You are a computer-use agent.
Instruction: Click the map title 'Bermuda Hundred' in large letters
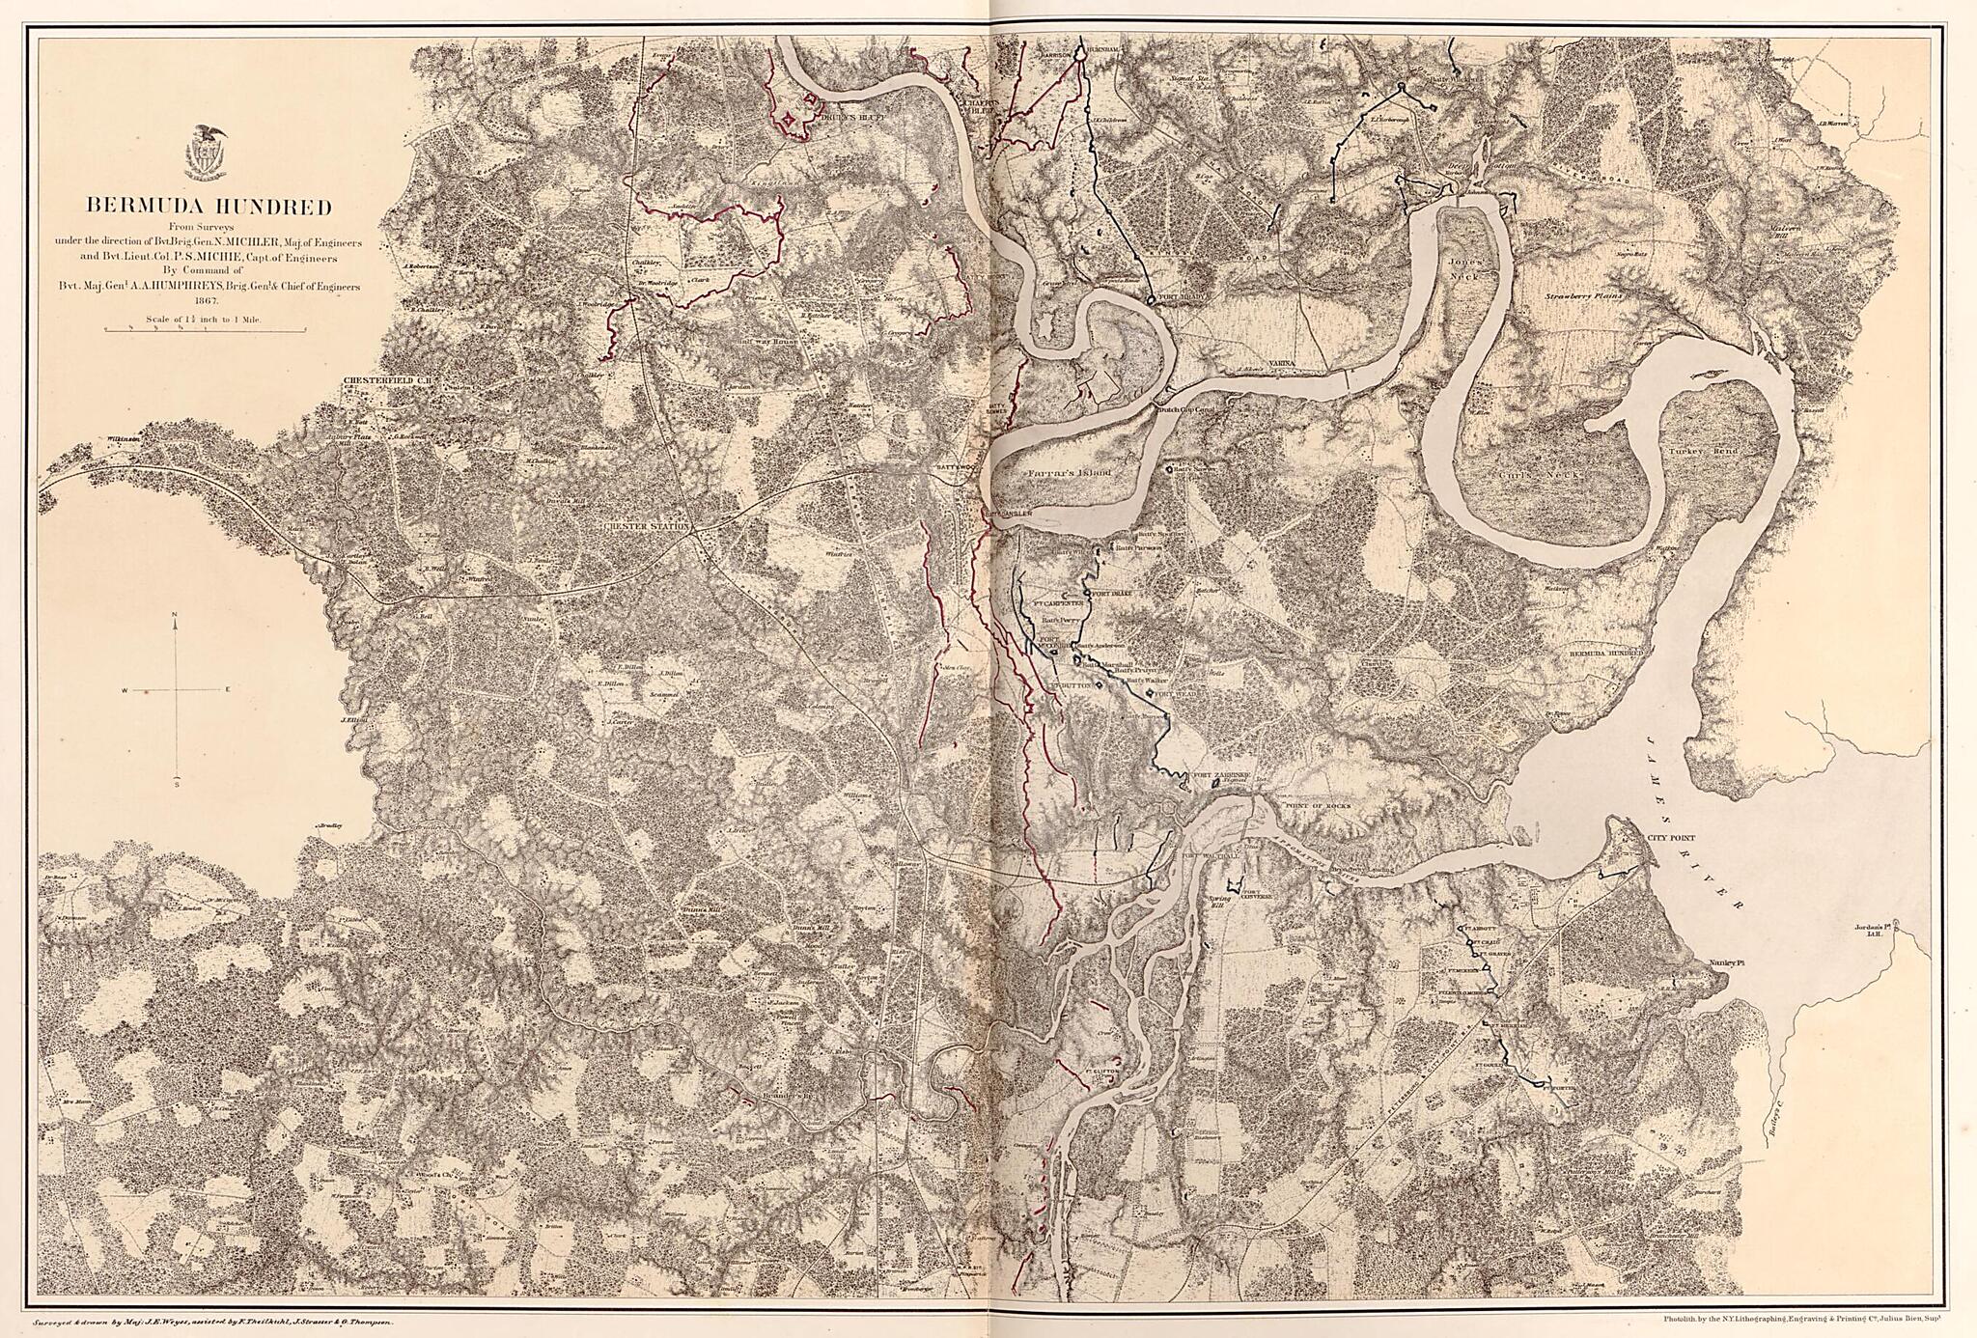point(209,206)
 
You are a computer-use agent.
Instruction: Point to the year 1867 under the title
point(209,300)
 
